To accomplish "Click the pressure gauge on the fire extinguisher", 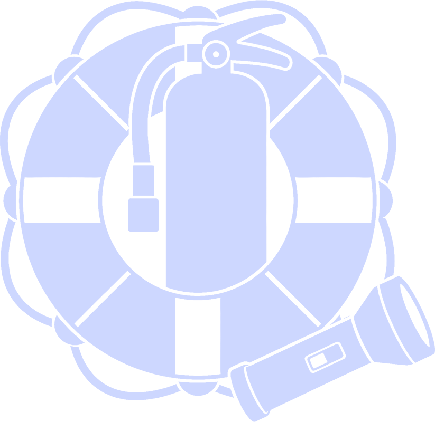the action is (x=216, y=53).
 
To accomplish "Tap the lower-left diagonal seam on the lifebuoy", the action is (x=103, y=298).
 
